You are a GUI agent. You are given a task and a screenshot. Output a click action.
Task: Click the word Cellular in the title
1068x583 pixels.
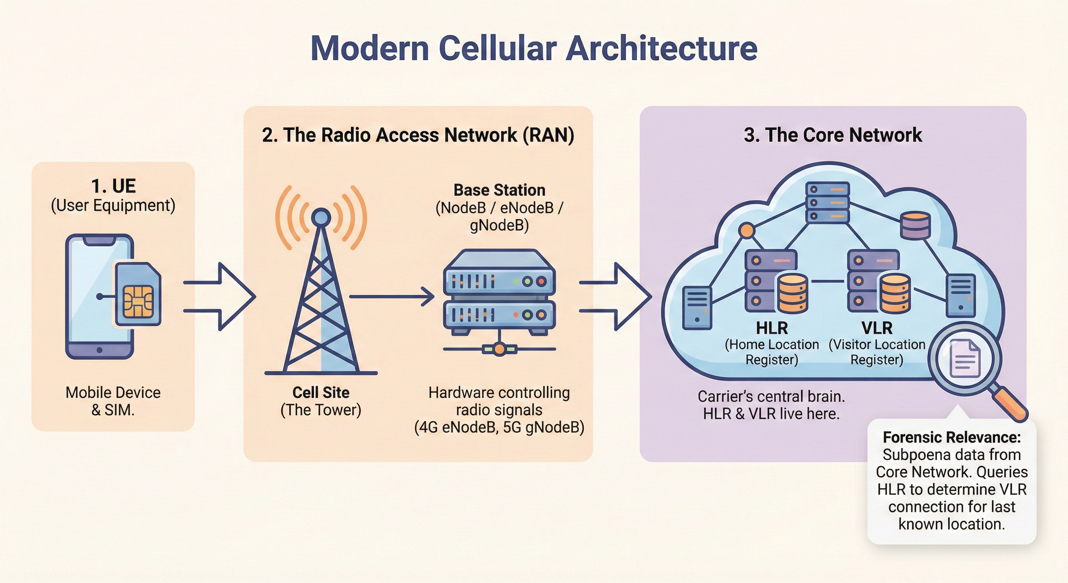(x=498, y=48)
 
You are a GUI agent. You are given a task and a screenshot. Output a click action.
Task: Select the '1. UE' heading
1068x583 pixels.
(x=113, y=186)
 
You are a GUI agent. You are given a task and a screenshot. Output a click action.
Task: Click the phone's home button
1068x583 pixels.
(x=99, y=350)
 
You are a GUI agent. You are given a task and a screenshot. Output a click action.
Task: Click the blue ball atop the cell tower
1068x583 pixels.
(x=320, y=216)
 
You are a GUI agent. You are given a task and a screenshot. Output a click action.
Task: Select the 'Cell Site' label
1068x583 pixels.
(x=320, y=392)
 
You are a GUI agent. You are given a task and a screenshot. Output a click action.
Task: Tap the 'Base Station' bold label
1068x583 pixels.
(x=499, y=190)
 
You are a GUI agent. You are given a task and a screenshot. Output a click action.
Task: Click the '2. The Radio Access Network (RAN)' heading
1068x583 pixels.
(x=418, y=135)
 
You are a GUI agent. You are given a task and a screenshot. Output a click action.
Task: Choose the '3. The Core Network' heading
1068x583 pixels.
(x=832, y=135)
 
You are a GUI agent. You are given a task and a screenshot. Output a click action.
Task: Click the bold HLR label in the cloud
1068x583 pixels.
(x=771, y=328)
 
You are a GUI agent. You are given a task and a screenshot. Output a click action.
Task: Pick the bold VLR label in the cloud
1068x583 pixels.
(x=876, y=328)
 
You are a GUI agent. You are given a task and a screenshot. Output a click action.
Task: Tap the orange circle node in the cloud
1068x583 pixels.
(x=747, y=230)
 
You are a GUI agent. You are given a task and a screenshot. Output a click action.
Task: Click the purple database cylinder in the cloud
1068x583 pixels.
(x=916, y=225)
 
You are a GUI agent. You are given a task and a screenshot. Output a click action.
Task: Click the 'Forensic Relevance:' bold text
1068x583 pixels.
(x=952, y=437)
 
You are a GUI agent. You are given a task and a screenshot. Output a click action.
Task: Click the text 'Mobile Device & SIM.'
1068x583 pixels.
(x=113, y=401)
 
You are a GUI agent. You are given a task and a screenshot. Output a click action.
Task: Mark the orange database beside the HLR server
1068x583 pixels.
(x=792, y=293)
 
